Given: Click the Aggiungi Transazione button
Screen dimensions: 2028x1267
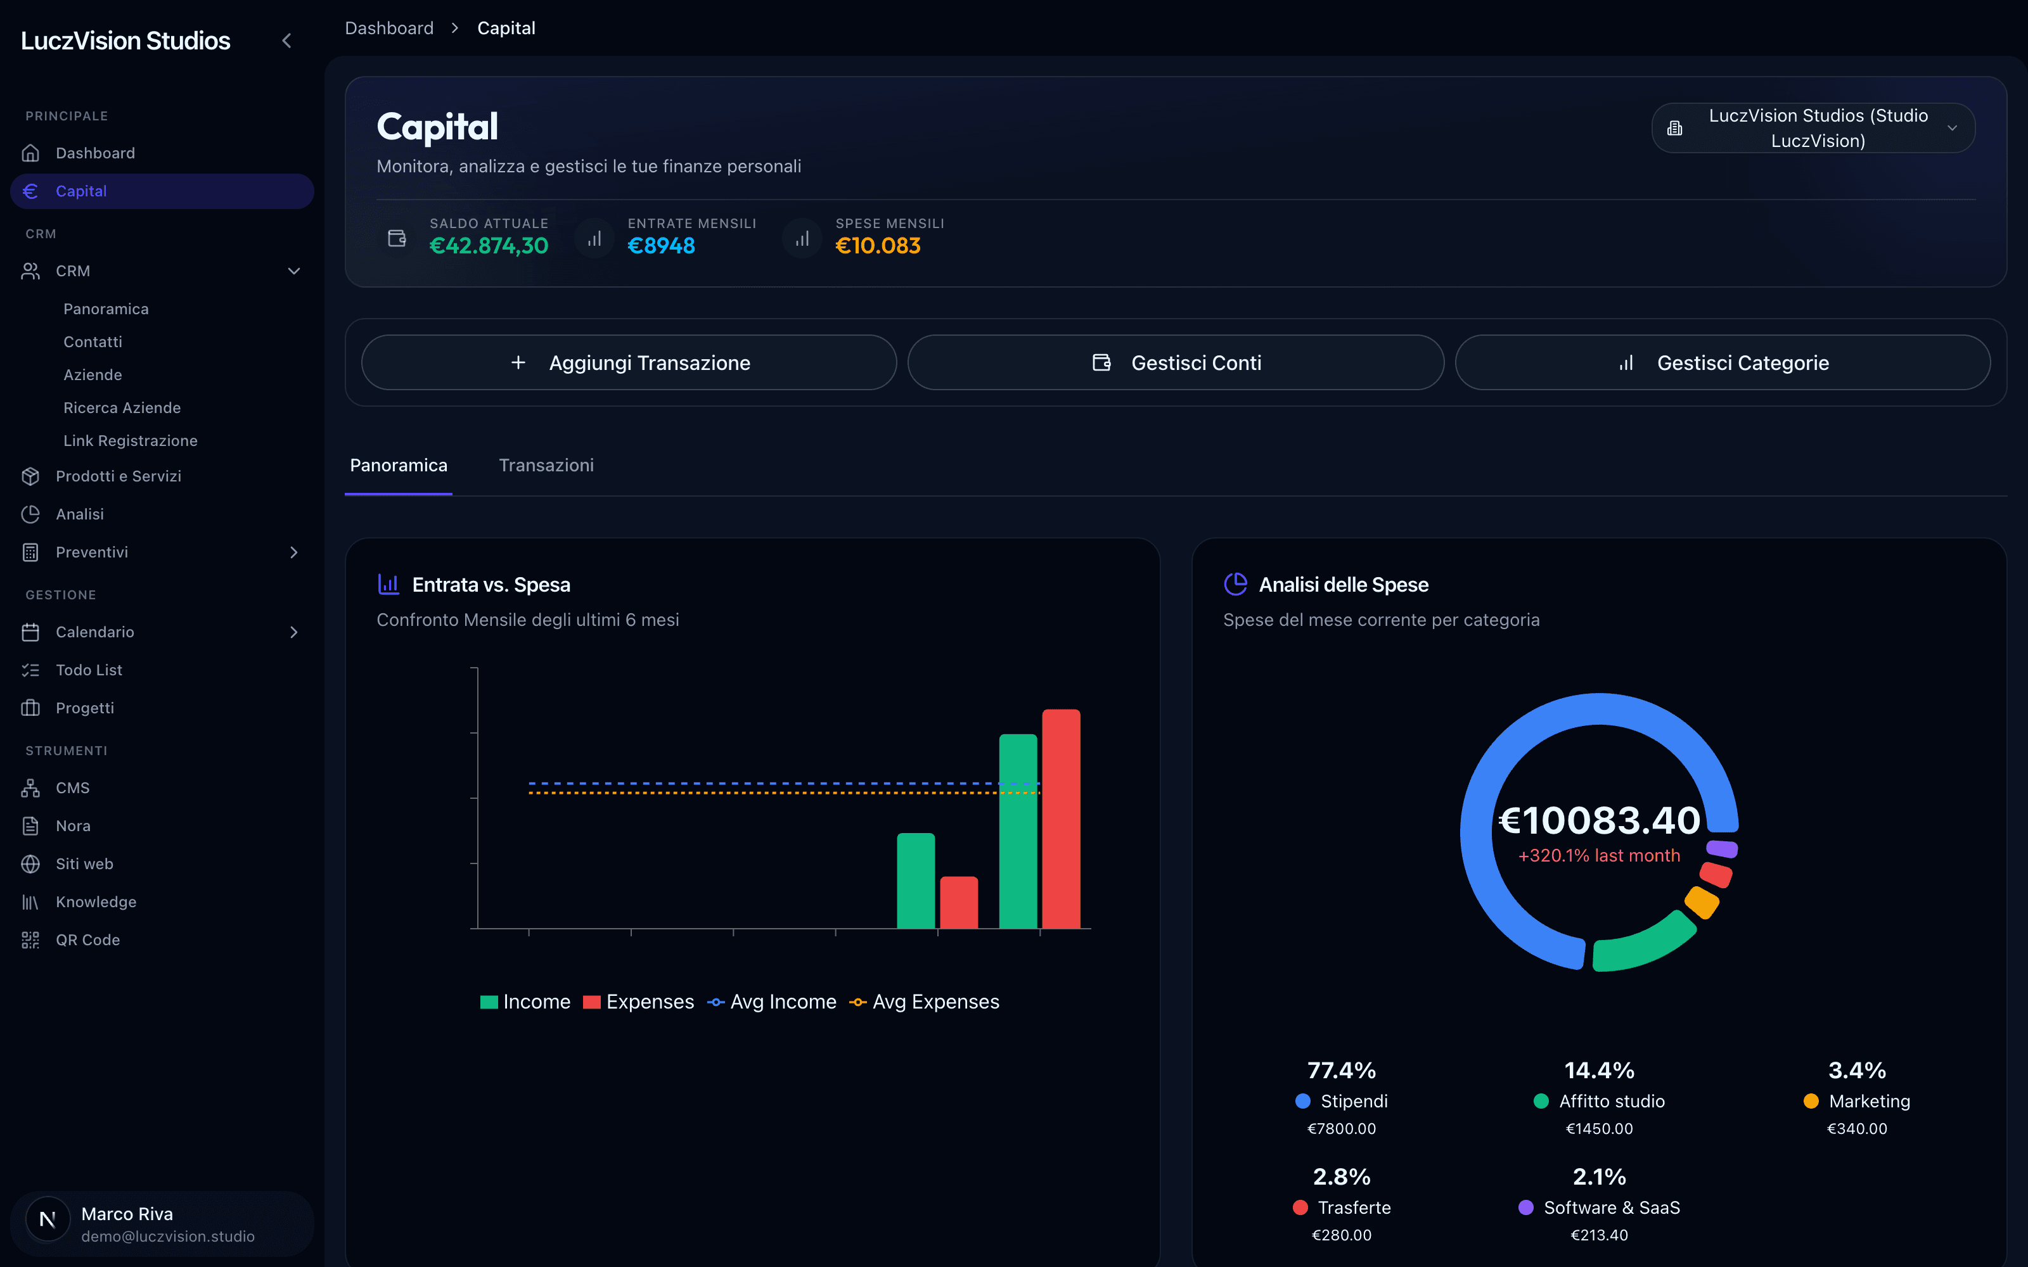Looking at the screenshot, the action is [629, 363].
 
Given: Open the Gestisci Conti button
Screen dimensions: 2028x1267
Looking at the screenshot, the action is [1176, 363].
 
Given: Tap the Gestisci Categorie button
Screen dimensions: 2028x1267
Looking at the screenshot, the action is [1723, 363].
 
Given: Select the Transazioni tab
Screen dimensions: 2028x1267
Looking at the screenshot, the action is [546, 465].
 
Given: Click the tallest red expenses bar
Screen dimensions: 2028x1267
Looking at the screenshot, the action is [1061, 818].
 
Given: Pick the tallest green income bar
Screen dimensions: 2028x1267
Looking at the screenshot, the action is [1018, 831].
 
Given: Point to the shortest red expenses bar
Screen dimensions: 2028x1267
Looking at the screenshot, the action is [959, 903].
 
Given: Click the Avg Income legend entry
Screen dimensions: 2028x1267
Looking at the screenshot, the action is [772, 1002].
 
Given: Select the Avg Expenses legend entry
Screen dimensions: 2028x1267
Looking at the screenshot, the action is [925, 1002].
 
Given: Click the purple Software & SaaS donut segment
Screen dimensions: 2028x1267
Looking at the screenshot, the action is [1722, 849].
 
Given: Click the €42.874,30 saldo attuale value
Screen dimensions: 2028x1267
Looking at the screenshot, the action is [489, 246].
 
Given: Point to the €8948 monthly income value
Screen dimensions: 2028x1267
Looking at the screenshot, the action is [661, 246].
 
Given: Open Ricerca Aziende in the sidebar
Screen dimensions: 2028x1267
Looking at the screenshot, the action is [122, 408].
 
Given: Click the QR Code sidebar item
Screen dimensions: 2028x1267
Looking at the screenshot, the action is [88, 940].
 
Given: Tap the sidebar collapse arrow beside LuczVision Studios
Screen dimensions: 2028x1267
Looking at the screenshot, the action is [286, 40].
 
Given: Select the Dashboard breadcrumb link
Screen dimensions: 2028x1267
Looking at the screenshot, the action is [390, 29].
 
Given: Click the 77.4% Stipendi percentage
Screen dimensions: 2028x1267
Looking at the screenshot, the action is [1342, 1070].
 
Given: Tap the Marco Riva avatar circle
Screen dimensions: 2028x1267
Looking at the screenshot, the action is [48, 1220].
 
